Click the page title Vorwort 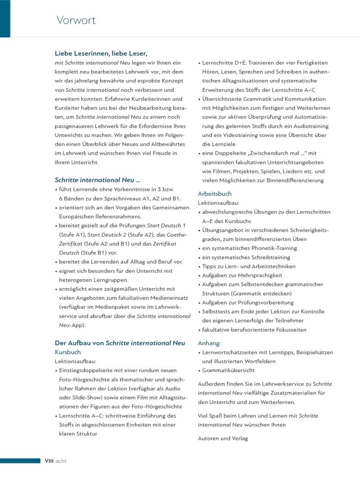click(76, 20)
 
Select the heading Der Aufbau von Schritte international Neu click(119, 343)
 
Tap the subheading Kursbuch click(67, 352)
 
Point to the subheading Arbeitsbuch click(214, 194)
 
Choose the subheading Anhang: click(209, 343)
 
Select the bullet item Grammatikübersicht click(229, 370)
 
